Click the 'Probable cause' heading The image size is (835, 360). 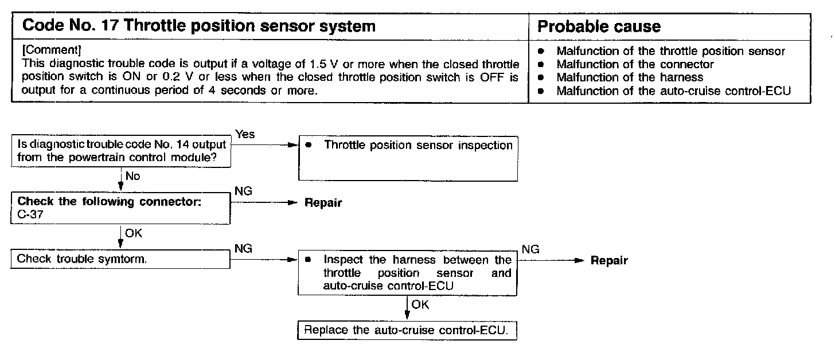click(x=599, y=26)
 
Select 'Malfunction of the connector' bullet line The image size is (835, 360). click(x=635, y=64)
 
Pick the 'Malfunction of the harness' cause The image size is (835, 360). click(x=629, y=77)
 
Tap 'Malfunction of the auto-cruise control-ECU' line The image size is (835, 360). click(x=673, y=91)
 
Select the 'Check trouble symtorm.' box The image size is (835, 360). click(x=120, y=259)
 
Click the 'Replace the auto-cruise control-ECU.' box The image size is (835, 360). click(x=407, y=331)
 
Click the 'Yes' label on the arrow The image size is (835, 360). click(x=245, y=134)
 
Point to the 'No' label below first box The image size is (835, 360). click(x=132, y=177)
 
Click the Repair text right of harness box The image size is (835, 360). click(x=609, y=261)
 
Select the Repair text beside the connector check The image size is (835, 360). click(x=323, y=204)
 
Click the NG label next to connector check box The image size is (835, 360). click(x=243, y=191)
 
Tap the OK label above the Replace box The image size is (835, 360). click(x=420, y=305)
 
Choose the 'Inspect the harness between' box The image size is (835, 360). click(x=407, y=273)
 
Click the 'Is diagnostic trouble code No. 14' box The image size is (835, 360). click(x=120, y=151)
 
